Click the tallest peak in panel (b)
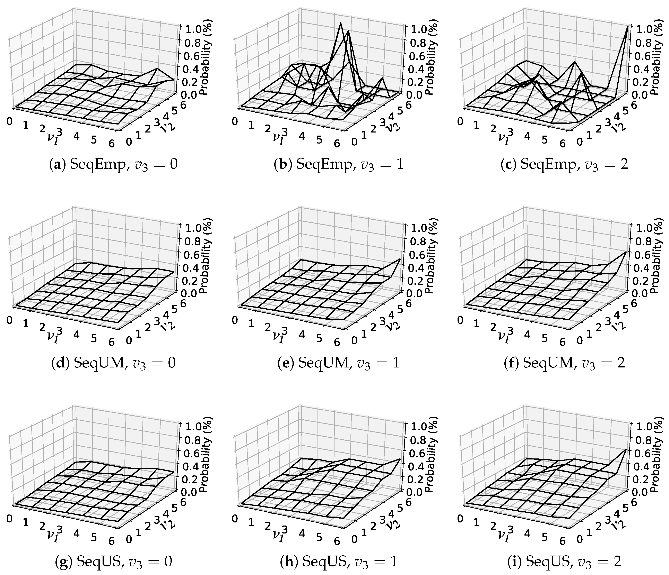[x=340, y=23]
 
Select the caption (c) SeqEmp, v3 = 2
[x=564, y=165]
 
